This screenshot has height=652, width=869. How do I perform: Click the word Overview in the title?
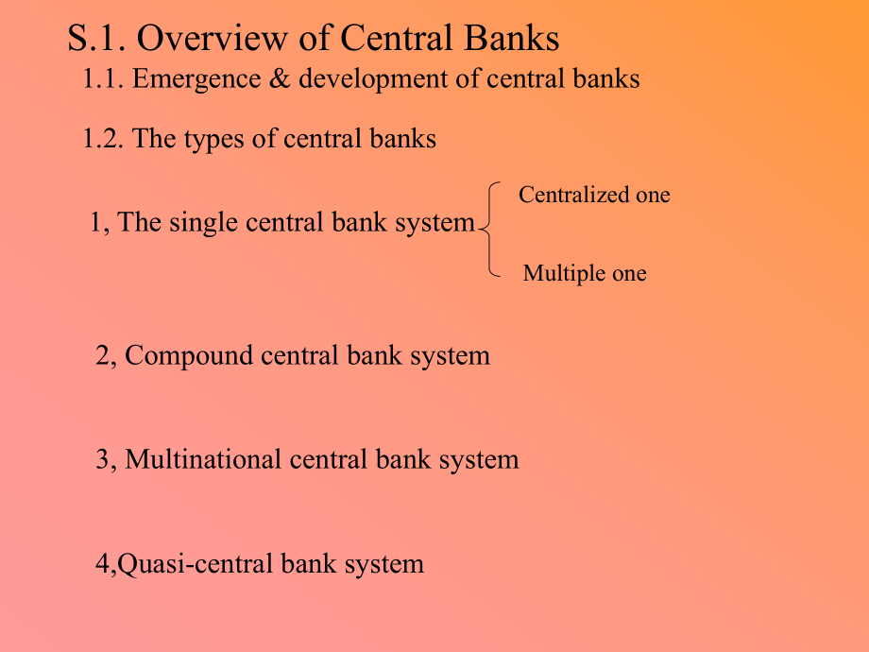click(213, 38)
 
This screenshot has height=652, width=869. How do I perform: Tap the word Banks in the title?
click(512, 38)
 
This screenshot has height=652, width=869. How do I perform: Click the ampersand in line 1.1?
click(280, 78)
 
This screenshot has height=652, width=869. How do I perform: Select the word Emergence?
click(196, 78)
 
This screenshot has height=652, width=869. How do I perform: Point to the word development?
click(373, 78)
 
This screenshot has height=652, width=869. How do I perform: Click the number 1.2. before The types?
click(103, 139)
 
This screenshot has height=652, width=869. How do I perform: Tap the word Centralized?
click(573, 195)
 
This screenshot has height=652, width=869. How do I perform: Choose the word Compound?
click(188, 356)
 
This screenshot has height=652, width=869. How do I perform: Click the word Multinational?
click(203, 459)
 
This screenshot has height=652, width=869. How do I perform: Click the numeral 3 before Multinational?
click(103, 459)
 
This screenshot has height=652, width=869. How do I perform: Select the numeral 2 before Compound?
click(103, 355)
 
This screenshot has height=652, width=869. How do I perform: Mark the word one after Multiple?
click(630, 274)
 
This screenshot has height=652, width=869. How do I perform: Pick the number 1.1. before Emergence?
click(103, 78)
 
